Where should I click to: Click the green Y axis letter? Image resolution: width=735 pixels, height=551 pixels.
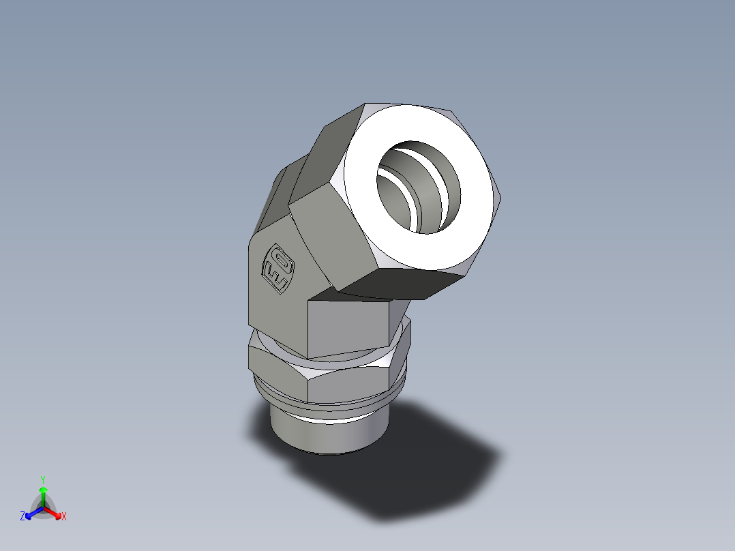click(42, 479)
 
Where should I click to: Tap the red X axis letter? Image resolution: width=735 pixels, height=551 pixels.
click(64, 517)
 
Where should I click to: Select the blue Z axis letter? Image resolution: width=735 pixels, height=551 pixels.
click(22, 517)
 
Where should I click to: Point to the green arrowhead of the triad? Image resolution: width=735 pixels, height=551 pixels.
click(43, 490)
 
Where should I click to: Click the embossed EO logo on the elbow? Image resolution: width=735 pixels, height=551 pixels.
click(278, 269)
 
